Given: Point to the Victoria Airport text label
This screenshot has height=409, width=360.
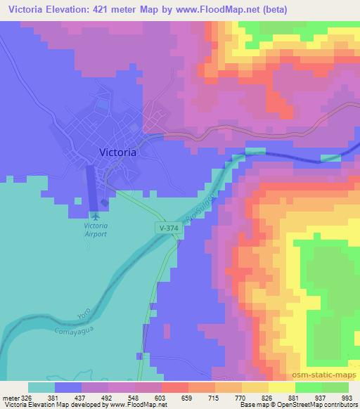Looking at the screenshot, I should coord(96,230).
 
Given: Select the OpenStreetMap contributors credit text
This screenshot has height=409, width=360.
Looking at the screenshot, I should coord(310,405).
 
